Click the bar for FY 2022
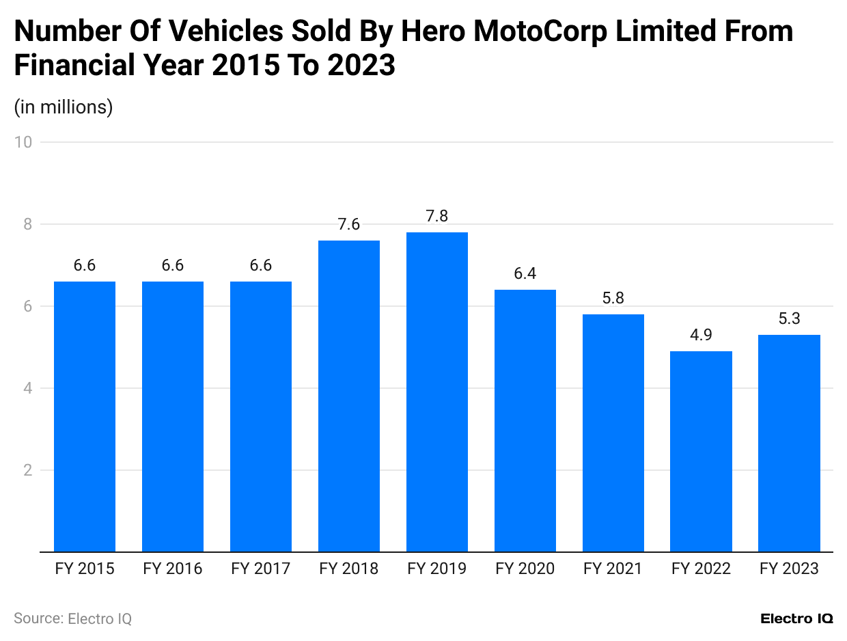point(701,451)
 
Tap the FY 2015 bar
point(85,416)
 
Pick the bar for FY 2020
point(525,420)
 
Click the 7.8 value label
point(437,216)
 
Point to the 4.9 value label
point(701,335)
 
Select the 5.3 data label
point(789,318)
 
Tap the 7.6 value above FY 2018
point(349,224)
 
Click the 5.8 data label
point(613,298)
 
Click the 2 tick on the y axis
point(27,470)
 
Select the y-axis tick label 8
point(27,224)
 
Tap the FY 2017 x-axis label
point(261,569)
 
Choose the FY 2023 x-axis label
point(789,569)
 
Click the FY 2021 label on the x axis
point(613,569)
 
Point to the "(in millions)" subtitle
point(64,107)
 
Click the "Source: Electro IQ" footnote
point(72,618)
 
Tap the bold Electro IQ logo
point(796,618)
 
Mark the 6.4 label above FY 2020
point(525,273)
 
